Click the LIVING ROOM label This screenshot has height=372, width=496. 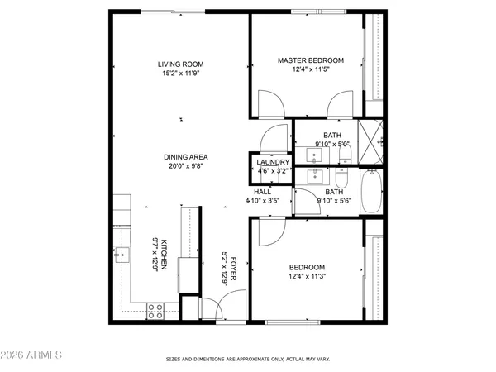pos(181,64)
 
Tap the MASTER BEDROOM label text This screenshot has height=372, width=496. pos(311,60)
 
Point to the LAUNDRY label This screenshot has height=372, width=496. pos(272,162)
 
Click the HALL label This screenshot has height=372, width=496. pos(262,192)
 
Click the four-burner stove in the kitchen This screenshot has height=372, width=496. pos(155,311)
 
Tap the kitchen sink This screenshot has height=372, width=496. pos(122,254)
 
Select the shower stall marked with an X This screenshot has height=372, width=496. pos(371,133)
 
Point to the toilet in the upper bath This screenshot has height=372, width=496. pos(341,154)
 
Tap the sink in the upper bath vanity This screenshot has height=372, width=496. pos(315,154)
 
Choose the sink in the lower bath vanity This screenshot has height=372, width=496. pos(315,175)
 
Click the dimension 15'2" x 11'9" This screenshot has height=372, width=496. pos(181,73)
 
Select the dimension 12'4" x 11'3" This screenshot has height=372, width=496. pos(307,276)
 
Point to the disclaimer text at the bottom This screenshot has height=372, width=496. pos(249,360)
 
